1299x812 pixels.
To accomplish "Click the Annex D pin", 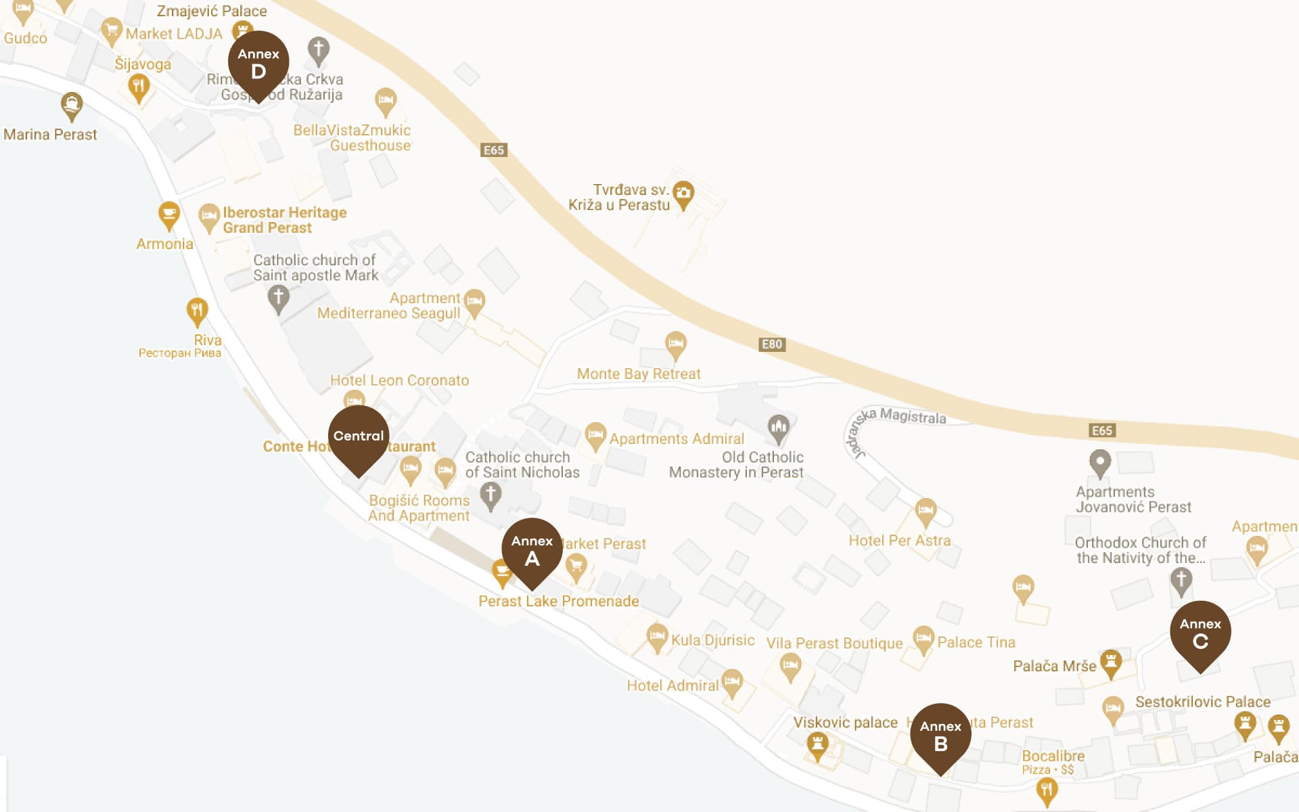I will pyautogui.click(x=258, y=63).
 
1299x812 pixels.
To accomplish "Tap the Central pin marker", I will pyautogui.click(x=359, y=436).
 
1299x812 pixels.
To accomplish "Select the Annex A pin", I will pyautogui.click(x=532, y=549).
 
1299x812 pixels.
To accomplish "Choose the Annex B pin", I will pyautogui.click(x=940, y=735).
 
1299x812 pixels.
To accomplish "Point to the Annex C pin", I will pyautogui.click(x=1200, y=632).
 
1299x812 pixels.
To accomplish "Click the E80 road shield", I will pyautogui.click(x=772, y=344).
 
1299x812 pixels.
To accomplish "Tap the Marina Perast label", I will pyautogui.click(x=50, y=135).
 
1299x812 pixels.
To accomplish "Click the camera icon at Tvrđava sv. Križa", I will pyautogui.click(x=683, y=193).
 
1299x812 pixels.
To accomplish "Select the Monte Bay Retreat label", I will pyautogui.click(x=639, y=374).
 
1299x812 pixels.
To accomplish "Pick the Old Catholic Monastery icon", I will pyautogui.click(x=778, y=428).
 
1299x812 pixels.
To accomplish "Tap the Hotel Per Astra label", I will pyautogui.click(x=899, y=541).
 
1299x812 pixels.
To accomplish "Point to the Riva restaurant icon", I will pyautogui.click(x=197, y=311).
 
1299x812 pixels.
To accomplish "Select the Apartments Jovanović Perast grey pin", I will pyautogui.click(x=1100, y=463).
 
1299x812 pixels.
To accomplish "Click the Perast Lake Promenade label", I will pyautogui.click(x=558, y=602).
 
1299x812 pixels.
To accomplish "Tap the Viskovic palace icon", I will pyautogui.click(x=817, y=744).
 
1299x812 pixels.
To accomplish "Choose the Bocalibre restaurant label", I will pyautogui.click(x=1053, y=757).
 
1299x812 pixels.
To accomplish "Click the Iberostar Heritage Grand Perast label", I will pyautogui.click(x=284, y=221).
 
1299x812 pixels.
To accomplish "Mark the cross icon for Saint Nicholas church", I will pyautogui.click(x=491, y=495).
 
